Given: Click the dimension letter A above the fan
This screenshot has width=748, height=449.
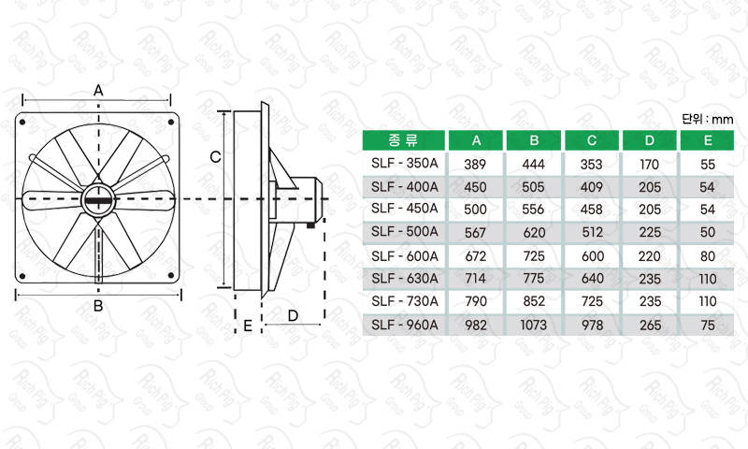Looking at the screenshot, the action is click(x=98, y=90).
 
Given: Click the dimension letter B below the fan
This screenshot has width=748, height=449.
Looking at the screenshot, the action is click(x=98, y=306).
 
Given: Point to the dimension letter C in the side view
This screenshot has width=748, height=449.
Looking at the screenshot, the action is click(x=215, y=156).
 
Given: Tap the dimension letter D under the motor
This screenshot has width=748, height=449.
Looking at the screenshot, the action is click(x=293, y=315).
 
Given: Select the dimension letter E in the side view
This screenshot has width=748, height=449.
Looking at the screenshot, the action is click(x=248, y=326).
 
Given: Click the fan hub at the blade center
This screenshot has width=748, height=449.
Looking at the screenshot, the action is click(x=98, y=200).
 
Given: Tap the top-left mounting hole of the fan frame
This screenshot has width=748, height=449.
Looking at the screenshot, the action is click(x=22, y=123).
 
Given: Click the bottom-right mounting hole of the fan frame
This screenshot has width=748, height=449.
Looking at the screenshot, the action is click(x=171, y=275).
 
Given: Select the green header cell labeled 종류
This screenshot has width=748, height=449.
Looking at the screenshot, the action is click(x=404, y=140).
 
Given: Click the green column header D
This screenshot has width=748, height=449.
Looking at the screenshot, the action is click(x=649, y=140).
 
